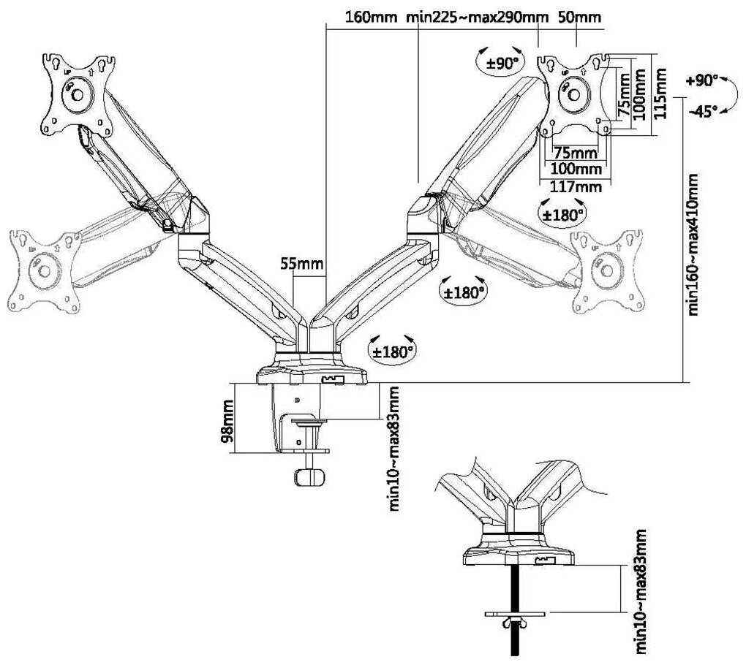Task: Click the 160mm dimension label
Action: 371,17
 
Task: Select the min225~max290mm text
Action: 478,17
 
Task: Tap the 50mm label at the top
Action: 579,17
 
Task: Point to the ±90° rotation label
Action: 502,64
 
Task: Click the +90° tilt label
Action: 701,81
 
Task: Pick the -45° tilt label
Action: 702,112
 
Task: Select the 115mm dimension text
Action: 660,94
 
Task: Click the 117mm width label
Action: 576,186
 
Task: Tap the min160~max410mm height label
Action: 693,244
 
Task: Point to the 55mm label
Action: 301,264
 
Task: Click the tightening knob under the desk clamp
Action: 310,476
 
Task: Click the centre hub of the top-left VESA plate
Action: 77,94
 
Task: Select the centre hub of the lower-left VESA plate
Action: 44,271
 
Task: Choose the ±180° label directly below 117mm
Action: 563,215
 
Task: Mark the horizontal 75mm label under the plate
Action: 576,153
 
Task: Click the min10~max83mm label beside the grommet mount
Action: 641,593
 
